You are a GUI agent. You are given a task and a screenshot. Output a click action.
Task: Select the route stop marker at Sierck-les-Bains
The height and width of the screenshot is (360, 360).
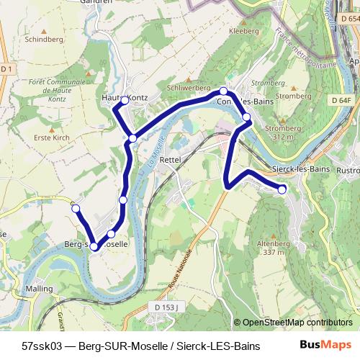pos(282,189)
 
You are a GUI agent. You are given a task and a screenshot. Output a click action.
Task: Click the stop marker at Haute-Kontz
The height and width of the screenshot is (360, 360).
pos(125,101)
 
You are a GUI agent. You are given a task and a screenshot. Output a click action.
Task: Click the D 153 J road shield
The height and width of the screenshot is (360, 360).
pos(166,307)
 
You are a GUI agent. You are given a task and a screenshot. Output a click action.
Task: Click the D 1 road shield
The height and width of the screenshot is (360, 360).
pos(7,68)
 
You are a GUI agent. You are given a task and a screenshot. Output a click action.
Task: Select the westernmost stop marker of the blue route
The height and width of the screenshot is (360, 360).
pos(75,208)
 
